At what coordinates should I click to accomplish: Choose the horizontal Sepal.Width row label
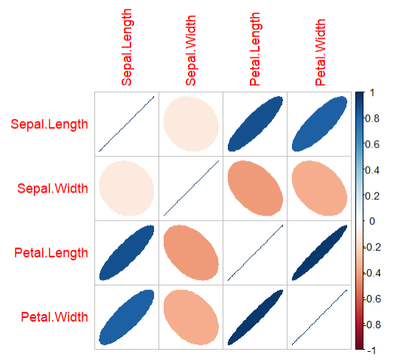tap(52, 188)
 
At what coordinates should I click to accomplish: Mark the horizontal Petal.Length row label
tap(49, 253)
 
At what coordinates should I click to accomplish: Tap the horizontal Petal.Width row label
tap(52, 317)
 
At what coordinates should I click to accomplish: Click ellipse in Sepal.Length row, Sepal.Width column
tap(191, 124)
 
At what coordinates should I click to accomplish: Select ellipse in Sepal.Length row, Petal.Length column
tap(255, 124)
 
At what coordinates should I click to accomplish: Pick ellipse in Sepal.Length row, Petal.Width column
tap(319, 124)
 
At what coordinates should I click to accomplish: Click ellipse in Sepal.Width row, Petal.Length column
tap(255, 188)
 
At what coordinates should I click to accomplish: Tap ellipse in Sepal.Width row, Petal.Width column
tap(319, 188)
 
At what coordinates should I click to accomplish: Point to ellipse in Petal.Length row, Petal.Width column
tap(319, 253)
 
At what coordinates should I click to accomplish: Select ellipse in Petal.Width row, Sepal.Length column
tap(126, 317)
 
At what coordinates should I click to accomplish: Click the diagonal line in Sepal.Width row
tap(191, 188)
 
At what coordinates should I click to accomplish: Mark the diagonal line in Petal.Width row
tap(319, 317)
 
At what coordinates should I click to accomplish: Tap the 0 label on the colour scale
tap(373, 221)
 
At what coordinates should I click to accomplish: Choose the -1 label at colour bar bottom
tap(375, 349)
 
